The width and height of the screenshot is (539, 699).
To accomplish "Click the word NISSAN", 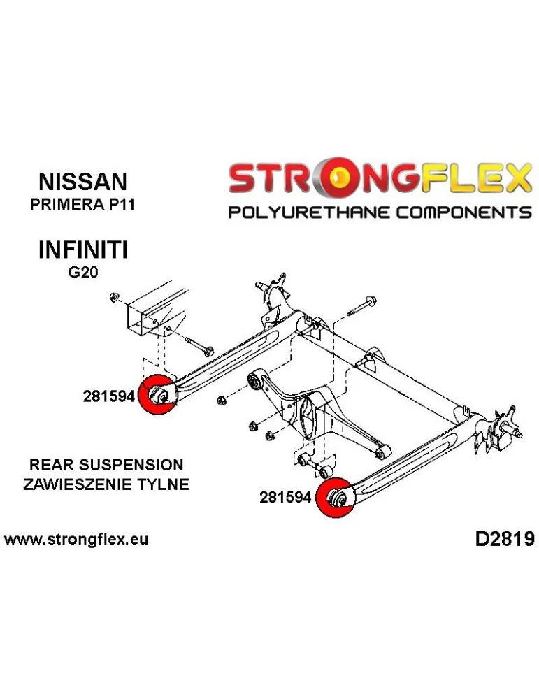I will [82, 182].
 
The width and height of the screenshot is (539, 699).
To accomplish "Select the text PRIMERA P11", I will [82, 206].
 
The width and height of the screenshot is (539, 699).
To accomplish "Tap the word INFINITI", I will [82, 250].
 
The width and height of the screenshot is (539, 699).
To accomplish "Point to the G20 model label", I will [82, 273].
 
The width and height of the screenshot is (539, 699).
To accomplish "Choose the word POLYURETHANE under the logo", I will [308, 212].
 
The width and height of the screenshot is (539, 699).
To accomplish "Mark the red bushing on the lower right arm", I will [336, 497].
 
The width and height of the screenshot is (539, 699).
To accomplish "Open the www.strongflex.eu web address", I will [76, 540].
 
